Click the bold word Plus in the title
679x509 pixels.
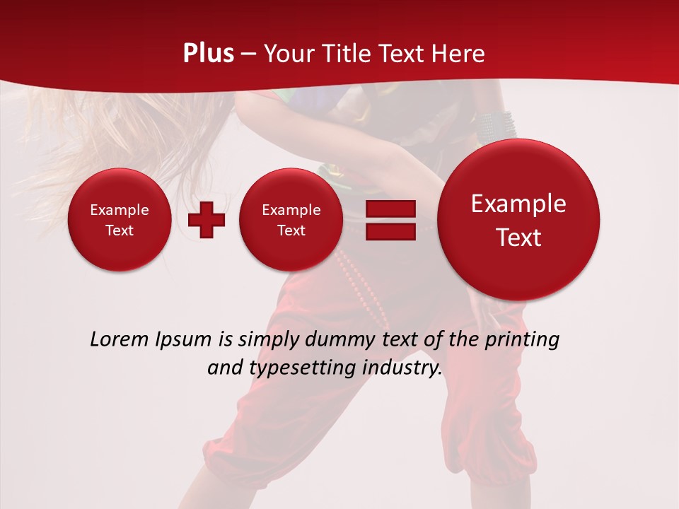pyautogui.click(x=208, y=54)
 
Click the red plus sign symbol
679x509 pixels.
pyautogui.click(x=207, y=220)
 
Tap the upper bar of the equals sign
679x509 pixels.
pyautogui.click(x=390, y=209)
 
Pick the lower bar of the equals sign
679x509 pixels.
pyautogui.click(x=390, y=231)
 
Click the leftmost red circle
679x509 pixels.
pyautogui.click(x=119, y=220)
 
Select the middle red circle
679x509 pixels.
pyautogui.click(x=291, y=220)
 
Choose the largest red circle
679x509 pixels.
pyautogui.click(x=518, y=220)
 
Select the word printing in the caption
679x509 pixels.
pyautogui.click(x=521, y=340)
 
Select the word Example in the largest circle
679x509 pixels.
pyautogui.click(x=518, y=204)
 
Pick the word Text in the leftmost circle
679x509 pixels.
pyautogui.click(x=119, y=230)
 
